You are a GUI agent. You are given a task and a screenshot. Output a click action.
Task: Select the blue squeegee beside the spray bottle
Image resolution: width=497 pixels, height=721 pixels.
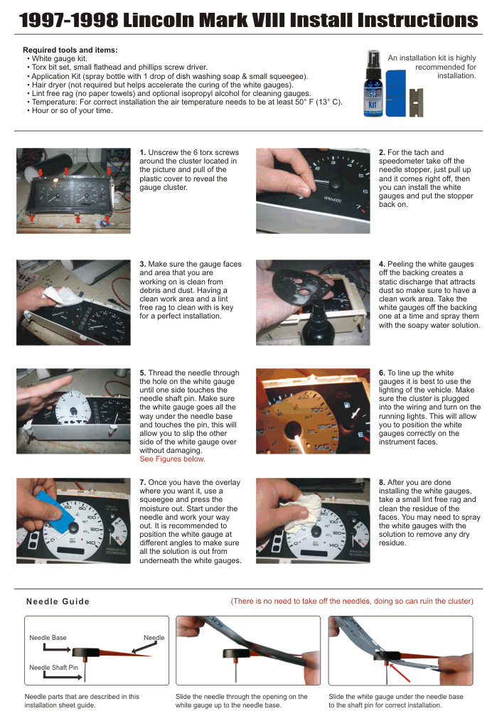point(396,93)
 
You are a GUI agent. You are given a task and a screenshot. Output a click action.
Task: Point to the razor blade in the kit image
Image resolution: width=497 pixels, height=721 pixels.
point(416,102)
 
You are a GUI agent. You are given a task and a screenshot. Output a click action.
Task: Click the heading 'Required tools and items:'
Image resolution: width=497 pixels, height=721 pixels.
point(70,50)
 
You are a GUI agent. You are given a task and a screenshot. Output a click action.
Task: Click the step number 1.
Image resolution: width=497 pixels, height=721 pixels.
point(142,152)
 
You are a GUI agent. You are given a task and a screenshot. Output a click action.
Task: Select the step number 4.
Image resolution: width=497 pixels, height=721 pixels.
point(382,264)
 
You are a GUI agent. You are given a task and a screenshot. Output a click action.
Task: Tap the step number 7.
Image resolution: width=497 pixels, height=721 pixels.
point(142,482)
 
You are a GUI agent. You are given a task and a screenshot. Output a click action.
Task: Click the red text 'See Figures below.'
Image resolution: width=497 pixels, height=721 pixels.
point(172,459)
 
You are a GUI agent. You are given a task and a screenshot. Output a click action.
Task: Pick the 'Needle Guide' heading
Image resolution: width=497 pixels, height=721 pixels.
point(58,602)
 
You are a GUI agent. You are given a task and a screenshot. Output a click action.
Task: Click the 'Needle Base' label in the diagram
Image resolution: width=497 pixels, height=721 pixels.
point(48,638)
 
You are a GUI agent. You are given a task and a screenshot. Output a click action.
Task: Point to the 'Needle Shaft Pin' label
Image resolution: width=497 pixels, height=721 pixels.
point(54,668)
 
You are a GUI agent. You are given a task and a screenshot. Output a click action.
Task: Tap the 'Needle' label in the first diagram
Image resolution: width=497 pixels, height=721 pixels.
point(154,638)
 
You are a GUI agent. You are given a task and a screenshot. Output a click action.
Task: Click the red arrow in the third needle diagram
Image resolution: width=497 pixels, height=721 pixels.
point(400,672)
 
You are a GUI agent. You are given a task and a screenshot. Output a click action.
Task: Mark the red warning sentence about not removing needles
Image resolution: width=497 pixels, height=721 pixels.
point(352,601)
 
